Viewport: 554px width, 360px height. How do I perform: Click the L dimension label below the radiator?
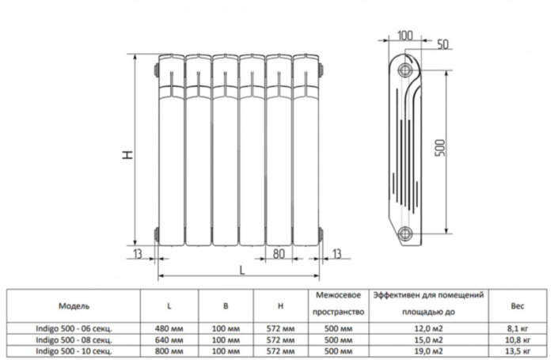coord(240,271)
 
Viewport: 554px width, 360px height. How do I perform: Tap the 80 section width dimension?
coord(279,254)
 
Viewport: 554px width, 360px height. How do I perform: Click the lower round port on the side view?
coord(407,233)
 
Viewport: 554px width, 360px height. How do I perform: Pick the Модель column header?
coord(74,305)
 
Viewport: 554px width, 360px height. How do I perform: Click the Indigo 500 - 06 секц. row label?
coord(74,326)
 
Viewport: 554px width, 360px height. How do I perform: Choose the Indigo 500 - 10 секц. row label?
coord(74,349)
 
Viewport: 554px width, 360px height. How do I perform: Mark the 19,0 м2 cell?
coord(427,349)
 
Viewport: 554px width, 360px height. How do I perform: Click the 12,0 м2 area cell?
coord(427,326)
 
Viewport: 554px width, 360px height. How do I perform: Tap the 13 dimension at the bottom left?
coord(138,253)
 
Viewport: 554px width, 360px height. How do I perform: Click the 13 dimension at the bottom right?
coord(337,253)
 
